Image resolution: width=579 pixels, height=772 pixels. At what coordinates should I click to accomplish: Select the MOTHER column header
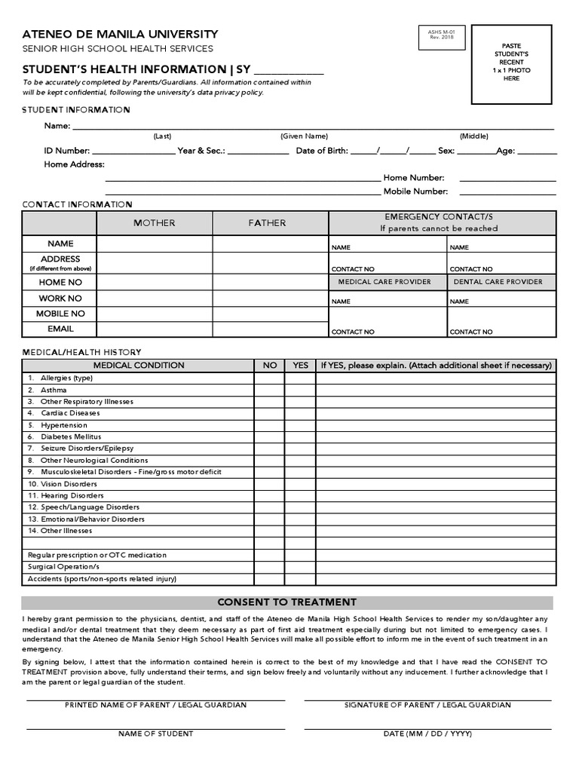pyautogui.click(x=155, y=223)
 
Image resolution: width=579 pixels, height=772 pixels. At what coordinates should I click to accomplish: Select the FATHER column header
pyautogui.click(x=271, y=223)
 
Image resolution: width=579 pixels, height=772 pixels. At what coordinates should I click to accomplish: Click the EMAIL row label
pyautogui.click(x=60, y=329)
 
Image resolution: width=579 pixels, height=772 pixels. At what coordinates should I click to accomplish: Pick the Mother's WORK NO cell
pyautogui.click(x=155, y=298)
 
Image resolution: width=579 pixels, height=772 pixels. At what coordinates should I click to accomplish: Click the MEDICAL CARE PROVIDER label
pyautogui.click(x=384, y=282)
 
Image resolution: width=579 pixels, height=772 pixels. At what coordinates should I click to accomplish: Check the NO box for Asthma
pyautogui.click(x=269, y=390)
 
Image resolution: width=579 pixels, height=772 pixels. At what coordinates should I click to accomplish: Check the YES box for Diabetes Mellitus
pyautogui.click(x=300, y=437)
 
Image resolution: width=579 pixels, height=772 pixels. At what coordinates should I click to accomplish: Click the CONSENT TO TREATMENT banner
pyautogui.click(x=286, y=602)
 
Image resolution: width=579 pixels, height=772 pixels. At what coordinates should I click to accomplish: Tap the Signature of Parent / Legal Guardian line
pyautogui.click(x=427, y=700)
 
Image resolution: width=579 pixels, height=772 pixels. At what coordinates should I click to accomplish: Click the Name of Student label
pyautogui.click(x=155, y=734)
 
